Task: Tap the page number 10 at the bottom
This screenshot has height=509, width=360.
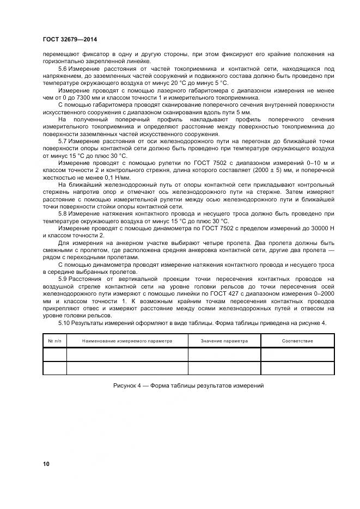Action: [x=46, y=464]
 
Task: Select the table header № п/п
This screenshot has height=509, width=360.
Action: [x=54, y=341]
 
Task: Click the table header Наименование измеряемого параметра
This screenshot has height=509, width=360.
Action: [x=127, y=341]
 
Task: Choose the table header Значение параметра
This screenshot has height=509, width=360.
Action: [x=224, y=341]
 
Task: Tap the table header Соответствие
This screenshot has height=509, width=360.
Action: [x=297, y=341]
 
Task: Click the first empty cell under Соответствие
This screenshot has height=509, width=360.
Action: [x=297, y=354]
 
